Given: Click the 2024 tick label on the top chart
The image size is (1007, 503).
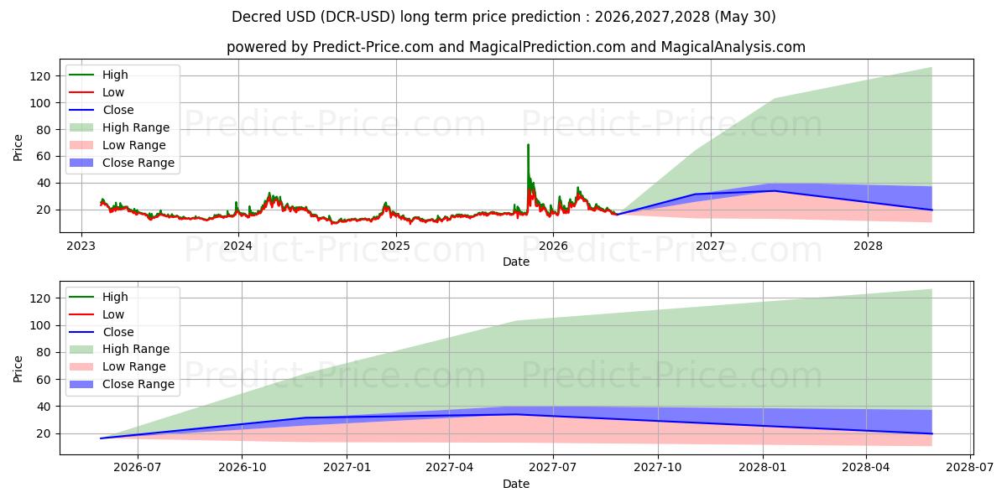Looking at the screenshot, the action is [238, 246].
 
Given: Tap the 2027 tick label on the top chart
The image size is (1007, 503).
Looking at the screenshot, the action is [710, 246].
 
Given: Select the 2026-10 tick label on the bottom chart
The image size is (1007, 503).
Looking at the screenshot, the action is [242, 468].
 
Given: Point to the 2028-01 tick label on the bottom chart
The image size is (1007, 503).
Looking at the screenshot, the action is [763, 468].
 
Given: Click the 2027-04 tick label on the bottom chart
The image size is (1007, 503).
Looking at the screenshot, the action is [449, 468].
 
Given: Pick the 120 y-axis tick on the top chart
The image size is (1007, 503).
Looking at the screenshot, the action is [39, 76].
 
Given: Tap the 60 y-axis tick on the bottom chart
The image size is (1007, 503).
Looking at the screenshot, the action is [43, 380].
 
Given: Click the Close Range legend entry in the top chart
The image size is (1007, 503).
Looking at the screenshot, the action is [122, 163].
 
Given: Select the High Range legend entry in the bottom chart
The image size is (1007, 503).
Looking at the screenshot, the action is [119, 349].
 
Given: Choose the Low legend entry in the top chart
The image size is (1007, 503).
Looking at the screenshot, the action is [97, 92].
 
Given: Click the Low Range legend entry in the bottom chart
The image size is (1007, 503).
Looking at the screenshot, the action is [117, 366].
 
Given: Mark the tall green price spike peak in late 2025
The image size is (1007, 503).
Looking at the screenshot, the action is [528, 144].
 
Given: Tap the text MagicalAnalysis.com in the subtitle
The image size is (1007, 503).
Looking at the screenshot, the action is [733, 47].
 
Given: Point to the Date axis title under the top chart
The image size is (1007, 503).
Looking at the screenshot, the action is [516, 262].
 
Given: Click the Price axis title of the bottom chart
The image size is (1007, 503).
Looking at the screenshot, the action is [18, 369].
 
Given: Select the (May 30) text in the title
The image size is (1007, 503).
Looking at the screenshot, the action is [745, 17].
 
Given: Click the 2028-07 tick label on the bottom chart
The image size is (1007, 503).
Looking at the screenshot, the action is [970, 468].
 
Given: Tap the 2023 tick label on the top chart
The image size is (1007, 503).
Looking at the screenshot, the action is [81, 246].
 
